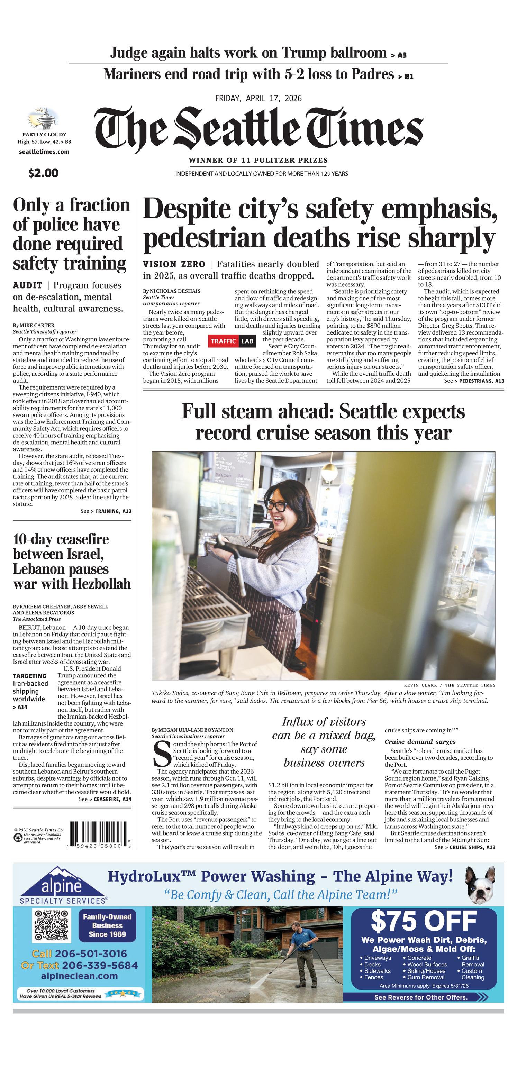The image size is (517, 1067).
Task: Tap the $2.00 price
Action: pos(43,173)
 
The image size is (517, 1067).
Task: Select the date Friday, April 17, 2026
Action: pos(258,99)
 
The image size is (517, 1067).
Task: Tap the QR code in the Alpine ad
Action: pos(51,925)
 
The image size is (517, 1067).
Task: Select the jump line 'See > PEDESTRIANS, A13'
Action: pos(473,381)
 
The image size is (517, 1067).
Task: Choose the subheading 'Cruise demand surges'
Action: pos(420,741)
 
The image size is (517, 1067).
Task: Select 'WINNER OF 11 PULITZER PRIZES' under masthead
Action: pos(258,160)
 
